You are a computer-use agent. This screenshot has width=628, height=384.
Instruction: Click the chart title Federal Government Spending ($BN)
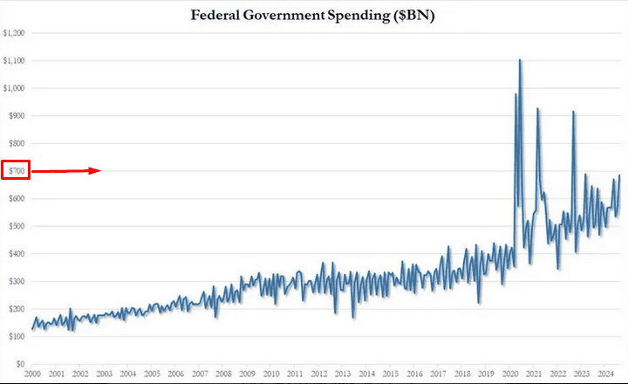314,15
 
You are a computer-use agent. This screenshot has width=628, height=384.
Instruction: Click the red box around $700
17,170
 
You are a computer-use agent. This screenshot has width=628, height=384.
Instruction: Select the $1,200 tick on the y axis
15,32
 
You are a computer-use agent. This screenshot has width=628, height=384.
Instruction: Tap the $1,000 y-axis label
15,88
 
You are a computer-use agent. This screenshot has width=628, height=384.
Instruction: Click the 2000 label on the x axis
32,374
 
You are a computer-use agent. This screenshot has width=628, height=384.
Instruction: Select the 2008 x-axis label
223,374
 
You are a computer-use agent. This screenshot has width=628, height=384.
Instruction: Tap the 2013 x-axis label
343,374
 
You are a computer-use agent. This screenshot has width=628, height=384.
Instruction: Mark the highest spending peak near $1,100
521,60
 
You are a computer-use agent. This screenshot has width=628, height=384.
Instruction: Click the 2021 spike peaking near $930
537,109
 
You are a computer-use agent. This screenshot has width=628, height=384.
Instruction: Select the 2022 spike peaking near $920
573,112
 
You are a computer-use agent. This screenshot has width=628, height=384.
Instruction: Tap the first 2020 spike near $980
515,94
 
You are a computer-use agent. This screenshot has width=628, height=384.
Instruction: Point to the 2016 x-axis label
414,374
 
